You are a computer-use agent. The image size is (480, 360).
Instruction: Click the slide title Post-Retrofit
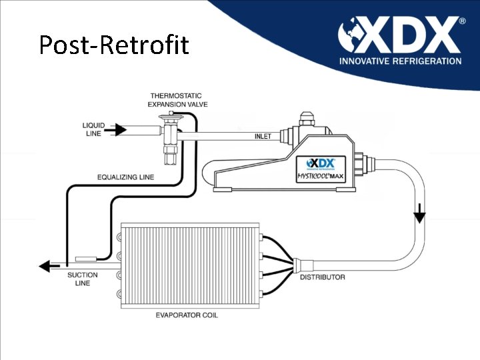tap(114, 45)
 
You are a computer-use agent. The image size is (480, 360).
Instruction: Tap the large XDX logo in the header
tap(400, 37)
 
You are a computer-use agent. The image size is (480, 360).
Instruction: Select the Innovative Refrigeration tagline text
tap(400, 61)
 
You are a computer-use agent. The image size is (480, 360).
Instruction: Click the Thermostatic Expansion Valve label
tap(175, 100)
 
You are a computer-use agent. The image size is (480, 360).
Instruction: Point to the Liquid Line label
tap(93, 129)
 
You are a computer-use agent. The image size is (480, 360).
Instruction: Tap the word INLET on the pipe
tap(263, 137)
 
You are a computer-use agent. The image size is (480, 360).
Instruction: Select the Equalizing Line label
tap(125, 177)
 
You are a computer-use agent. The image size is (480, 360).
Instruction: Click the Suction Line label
tap(83, 279)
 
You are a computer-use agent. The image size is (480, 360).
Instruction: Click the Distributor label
tap(323, 277)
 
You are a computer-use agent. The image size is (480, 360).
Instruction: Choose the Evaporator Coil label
tap(187, 315)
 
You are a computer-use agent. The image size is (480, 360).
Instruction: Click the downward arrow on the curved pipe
tap(420, 216)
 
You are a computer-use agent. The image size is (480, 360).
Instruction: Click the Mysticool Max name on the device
tap(320, 177)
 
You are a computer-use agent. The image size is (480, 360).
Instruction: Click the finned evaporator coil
tap(191, 265)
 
